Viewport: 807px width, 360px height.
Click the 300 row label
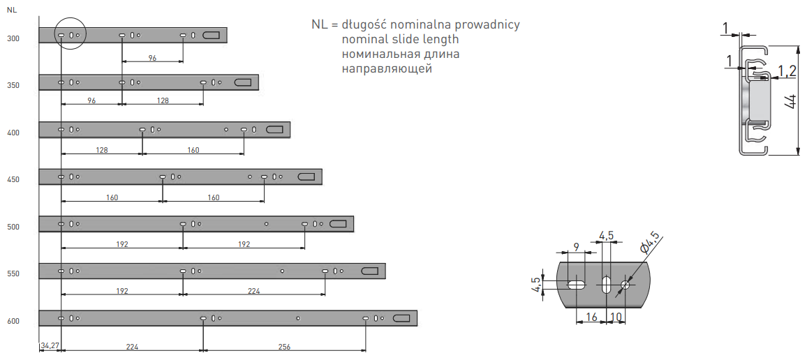(13, 38)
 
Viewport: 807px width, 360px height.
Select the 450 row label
(13, 180)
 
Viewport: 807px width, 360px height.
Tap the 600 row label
(13, 322)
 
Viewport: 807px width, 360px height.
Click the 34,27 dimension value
(50, 345)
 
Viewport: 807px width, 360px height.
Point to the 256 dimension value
(284, 346)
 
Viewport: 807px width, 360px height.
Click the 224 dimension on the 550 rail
(253, 292)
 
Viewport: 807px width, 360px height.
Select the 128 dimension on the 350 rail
(163, 100)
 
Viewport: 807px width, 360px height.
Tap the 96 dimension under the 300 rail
(152, 59)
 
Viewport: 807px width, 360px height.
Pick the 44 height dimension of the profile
(790, 101)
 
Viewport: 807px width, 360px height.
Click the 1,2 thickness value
(787, 70)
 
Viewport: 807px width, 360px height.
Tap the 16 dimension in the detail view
(591, 317)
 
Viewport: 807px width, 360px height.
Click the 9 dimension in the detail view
(576, 246)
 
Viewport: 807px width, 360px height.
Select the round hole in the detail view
(625, 285)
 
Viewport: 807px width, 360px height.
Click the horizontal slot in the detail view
(577, 285)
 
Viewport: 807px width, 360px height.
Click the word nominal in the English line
(364, 39)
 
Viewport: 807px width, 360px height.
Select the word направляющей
(387, 68)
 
